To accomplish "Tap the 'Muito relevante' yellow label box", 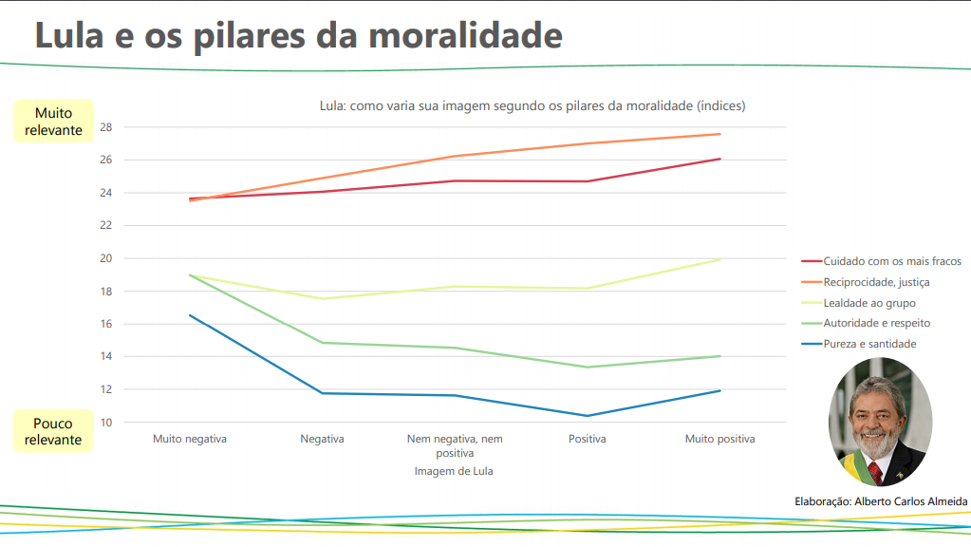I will point(54,122).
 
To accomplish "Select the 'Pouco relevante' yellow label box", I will point(54,431).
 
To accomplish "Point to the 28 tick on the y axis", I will point(105,127).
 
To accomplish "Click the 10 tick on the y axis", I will point(105,423).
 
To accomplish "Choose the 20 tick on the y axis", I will point(105,258).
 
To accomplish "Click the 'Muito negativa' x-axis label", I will point(190,440).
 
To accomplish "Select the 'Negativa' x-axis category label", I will point(322,440).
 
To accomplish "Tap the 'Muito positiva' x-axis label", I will point(720,440).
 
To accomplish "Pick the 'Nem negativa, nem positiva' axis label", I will point(455,446).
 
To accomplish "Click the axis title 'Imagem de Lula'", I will point(454,471).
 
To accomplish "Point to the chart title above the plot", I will point(532,106).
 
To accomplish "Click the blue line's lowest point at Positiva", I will point(588,416).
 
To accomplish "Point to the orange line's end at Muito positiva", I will point(720,134).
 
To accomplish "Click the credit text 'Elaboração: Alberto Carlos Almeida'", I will point(881,501).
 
